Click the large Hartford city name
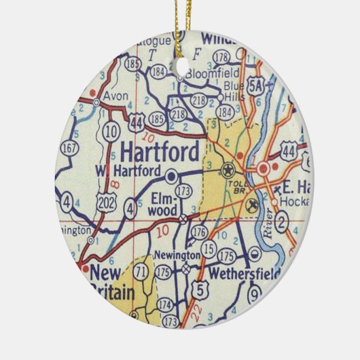pos(160,149)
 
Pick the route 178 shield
pos(221,56)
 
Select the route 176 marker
pos(199,232)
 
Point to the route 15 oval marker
pos(209,250)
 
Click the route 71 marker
pos(141,272)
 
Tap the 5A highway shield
pos(256,86)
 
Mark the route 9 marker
pos(254,295)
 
